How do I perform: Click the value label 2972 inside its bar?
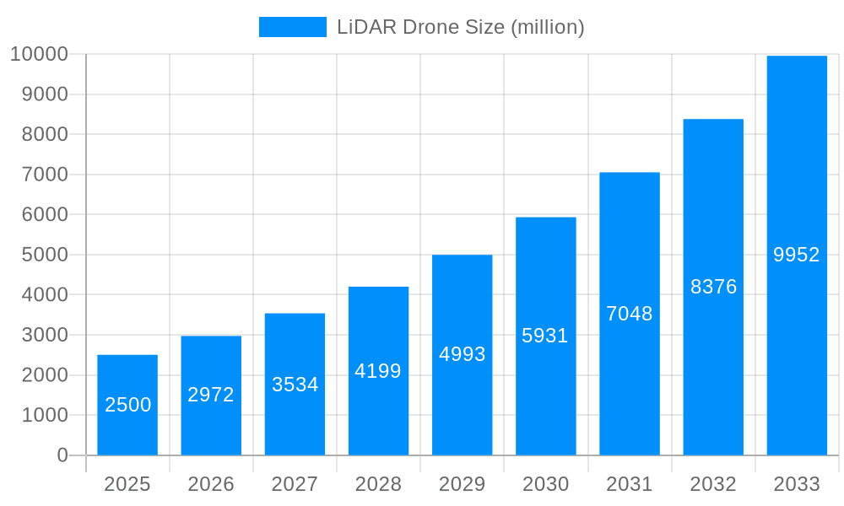[211, 395]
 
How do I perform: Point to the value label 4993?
[462, 354]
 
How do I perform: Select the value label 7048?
[630, 314]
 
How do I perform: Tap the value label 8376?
[713, 287]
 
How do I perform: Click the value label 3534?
[295, 385]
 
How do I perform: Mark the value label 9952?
[797, 255]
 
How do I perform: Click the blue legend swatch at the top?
[292, 27]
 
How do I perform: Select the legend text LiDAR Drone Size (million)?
[461, 27]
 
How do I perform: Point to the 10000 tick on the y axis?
[39, 55]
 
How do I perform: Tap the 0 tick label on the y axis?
[62, 455]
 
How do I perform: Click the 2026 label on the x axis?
[211, 484]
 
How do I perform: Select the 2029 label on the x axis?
[462, 484]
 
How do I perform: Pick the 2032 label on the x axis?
[713, 484]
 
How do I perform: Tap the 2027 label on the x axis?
[295, 484]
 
